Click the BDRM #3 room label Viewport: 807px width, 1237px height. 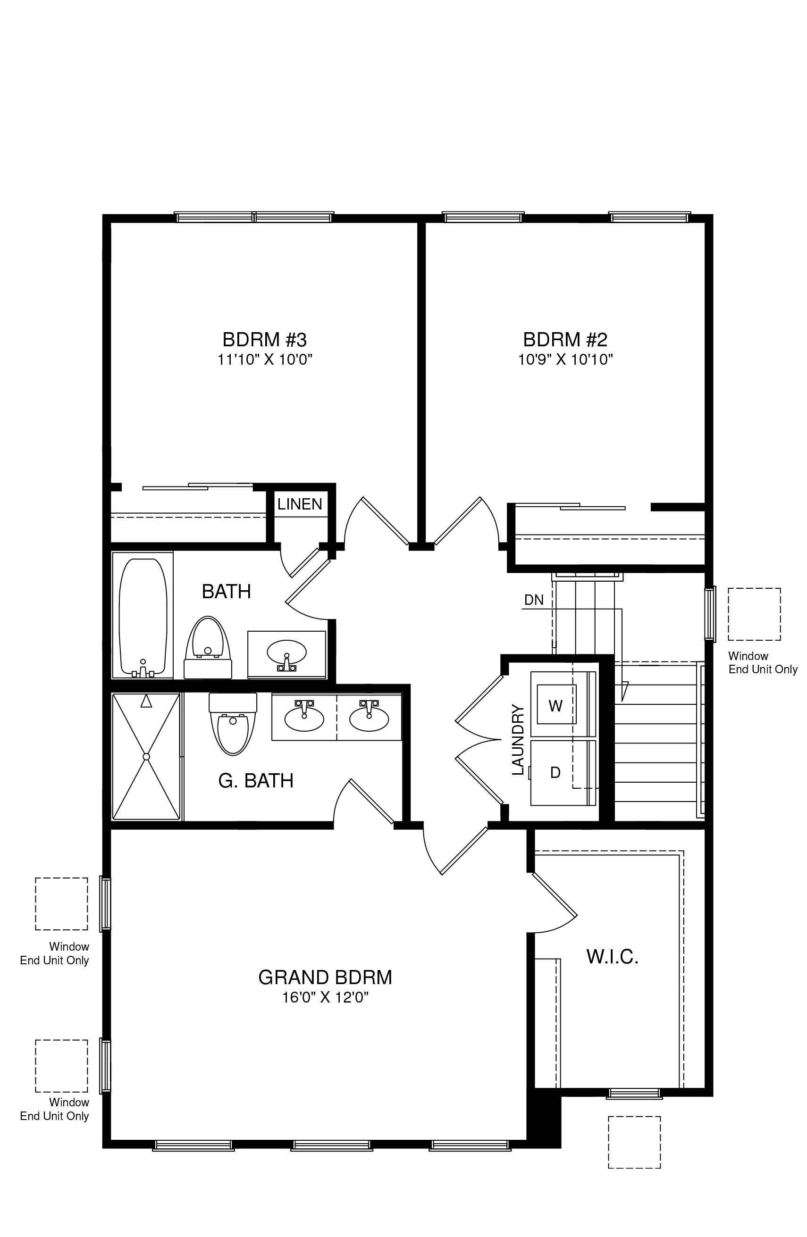[x=265, y=340]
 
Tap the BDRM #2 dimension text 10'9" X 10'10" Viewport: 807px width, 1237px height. [x=565, y=359]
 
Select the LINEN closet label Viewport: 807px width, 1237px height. [x=300, y=504]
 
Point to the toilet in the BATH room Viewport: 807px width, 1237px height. [x=208, y=648]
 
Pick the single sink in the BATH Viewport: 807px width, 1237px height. [x=286, y=653]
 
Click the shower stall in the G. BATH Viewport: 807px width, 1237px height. [x=146, y=757]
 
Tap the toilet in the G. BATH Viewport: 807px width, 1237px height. [x=233, y=724]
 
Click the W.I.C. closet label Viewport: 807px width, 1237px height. [x=612, y=957]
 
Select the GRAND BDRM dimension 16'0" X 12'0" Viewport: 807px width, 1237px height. [x=325, y=997]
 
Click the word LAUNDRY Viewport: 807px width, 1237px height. [x=518, y=740]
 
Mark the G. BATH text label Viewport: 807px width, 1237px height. [x=256, y=781]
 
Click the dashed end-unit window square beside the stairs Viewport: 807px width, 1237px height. [x=754, y=614]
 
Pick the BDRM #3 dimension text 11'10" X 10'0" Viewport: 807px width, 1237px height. [x=265, y=359]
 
